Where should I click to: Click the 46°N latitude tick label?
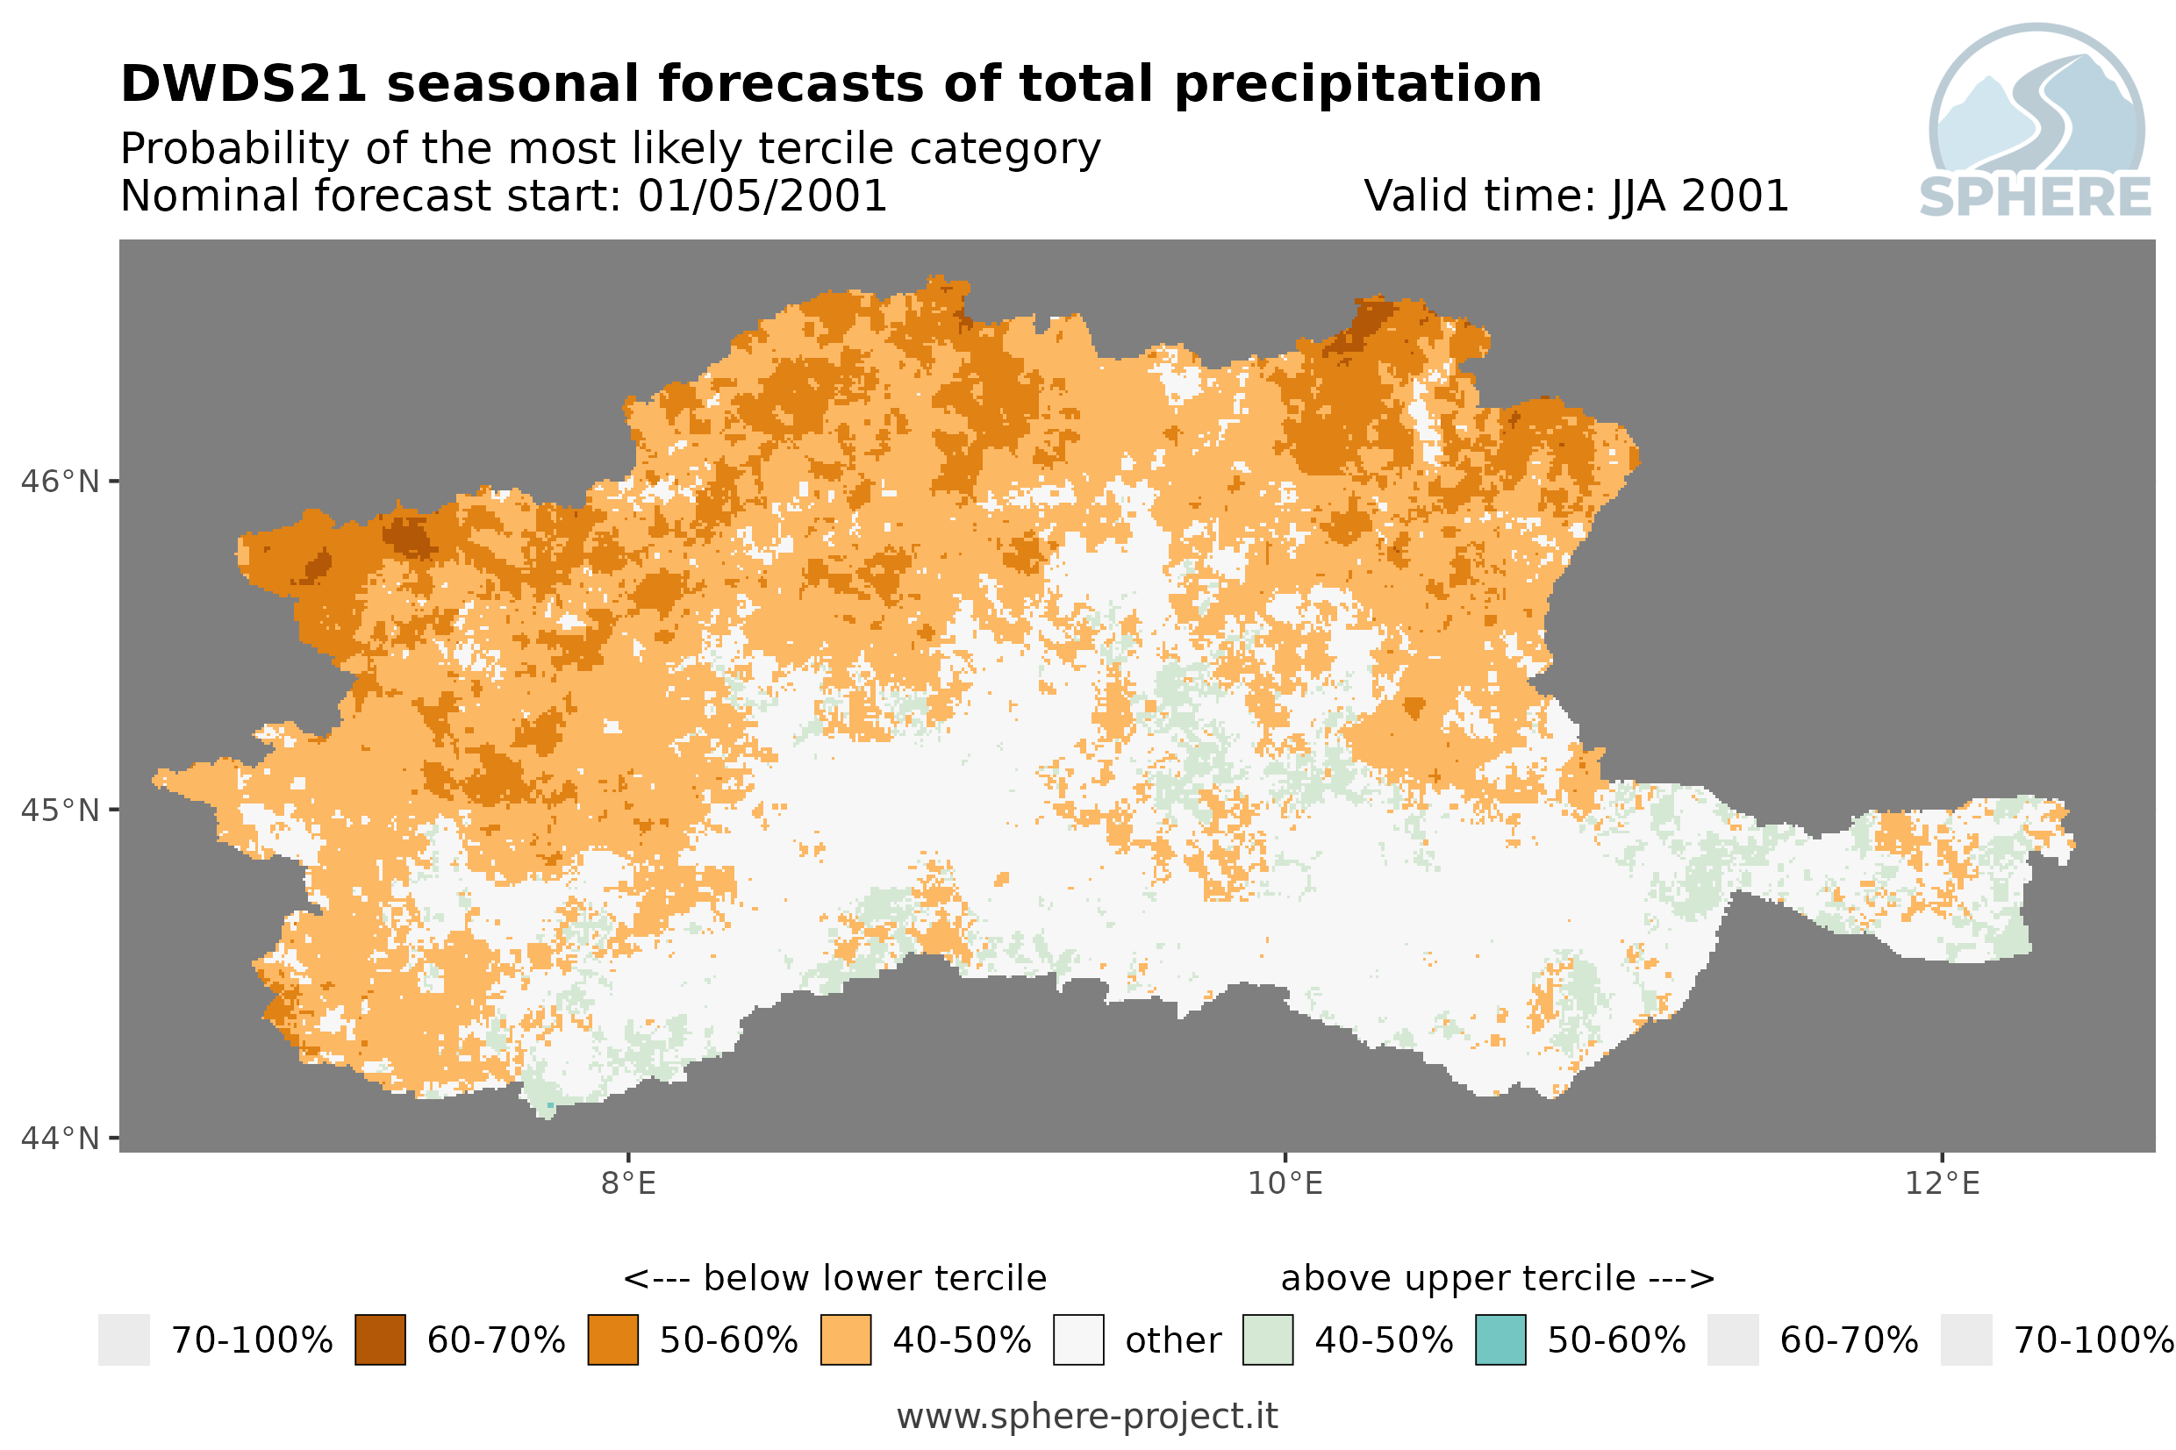[59, 482]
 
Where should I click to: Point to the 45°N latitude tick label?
[59, 810]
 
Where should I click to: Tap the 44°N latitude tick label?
[59, 1139]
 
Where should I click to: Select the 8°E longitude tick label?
[629, 1182]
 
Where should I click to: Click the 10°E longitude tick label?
[1285, 1182]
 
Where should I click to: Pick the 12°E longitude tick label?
[1942, 1182]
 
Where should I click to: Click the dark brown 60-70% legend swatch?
[380, 1340]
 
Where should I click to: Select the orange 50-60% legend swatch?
[613, 1340]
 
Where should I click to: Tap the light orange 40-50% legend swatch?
[846, 1340]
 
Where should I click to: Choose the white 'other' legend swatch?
[1078, 1340]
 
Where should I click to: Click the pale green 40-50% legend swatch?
[1268, 1340]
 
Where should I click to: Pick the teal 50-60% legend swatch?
[1501, 1340]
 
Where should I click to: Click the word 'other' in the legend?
[1172, 1341]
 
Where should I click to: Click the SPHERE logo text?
[2036, 197]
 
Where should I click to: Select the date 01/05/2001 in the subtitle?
[762, 196]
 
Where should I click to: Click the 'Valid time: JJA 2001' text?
[1577, 196]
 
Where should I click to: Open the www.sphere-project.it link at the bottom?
[1087, 1416]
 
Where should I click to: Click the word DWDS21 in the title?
[244, 84]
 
